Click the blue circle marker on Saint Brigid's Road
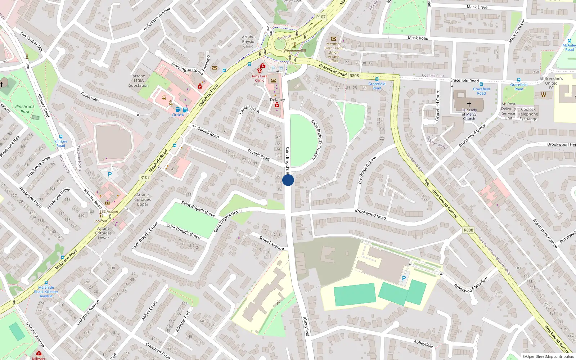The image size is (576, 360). [288, 180]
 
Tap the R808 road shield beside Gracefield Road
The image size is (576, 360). [354, 76]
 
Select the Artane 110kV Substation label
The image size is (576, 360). [139, 81]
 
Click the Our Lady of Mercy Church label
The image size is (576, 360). [469, 114]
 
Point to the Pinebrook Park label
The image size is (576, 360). [25, 109]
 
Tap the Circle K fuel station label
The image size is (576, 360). [178, 115]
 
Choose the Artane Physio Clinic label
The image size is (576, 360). [248, 41]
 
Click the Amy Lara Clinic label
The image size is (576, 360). [259, 78]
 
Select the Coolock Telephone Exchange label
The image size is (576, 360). [528, 114]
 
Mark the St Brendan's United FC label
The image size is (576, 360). [551, 83]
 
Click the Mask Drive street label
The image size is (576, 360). [477, 7]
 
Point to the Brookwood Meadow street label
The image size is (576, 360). [471, 284]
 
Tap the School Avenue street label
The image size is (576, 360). [271, 243]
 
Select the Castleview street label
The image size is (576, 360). [90, 96]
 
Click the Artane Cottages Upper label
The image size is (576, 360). [143, 199]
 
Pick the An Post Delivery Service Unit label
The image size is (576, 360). [508, 111]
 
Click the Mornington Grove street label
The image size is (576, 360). [187, 68]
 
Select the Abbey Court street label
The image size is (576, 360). [149, 310]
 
